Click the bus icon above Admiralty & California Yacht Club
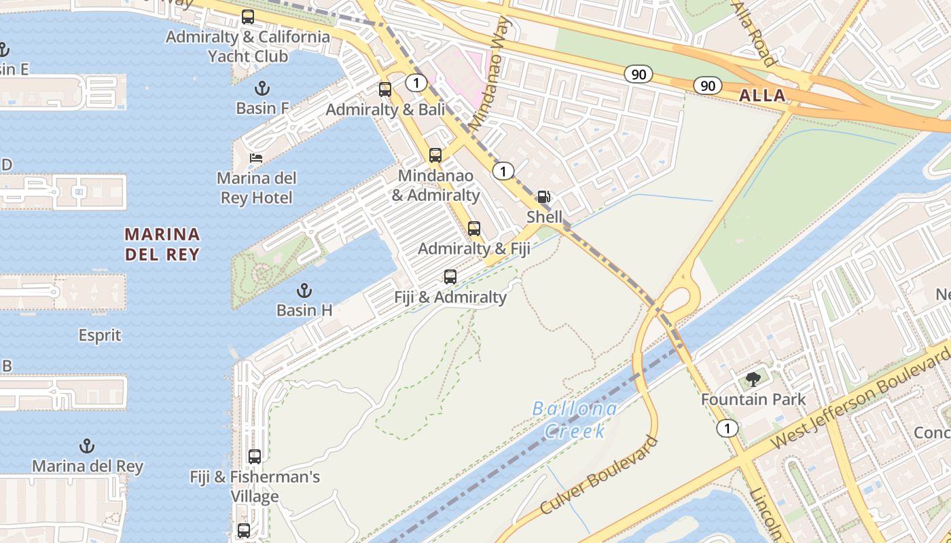248,17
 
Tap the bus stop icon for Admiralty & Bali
385,89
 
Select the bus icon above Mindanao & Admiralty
435,155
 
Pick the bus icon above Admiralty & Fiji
474,228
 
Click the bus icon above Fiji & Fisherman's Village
255,456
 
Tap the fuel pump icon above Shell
544,197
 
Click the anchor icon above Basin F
262,88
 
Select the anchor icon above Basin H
304,291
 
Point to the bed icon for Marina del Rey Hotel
255,157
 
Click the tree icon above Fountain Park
753,379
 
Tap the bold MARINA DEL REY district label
162,244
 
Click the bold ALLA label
762,96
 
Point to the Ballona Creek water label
575,419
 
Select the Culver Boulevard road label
600,475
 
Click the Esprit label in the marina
100,335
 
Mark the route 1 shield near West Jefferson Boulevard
727,428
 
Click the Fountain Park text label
753,399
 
